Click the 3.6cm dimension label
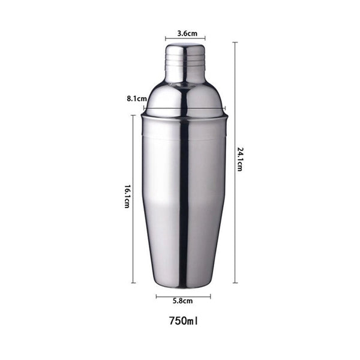[x=187, y=34]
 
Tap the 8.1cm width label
[x=137, y=99]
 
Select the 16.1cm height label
[x=127, y=197]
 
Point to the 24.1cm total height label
[x=239, y=159]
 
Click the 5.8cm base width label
[x=183, y=301]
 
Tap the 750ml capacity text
[x=184, y=321]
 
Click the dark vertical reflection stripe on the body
[x=184, y=202]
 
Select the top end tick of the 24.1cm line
[x=235, y=43]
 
